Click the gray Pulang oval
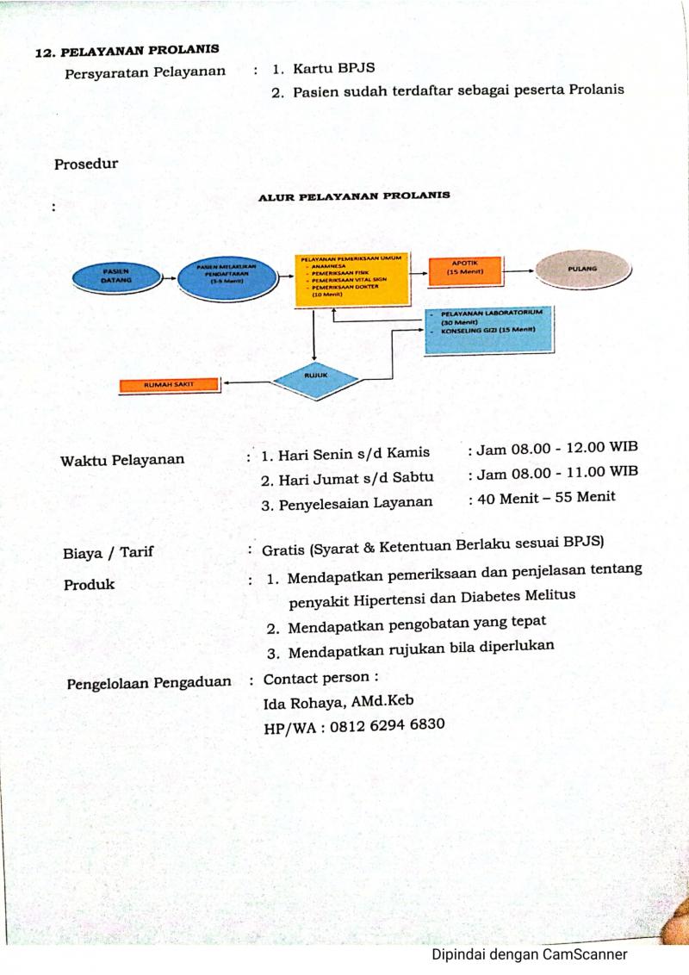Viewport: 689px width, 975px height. (x=582, y=270)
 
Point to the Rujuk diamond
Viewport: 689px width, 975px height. (x=313, y=376)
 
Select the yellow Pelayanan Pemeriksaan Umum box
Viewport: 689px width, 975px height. (x=352, y=279)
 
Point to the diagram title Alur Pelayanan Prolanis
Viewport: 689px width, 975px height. (x=354, y=196)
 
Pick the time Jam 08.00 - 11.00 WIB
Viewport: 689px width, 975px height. (x=552, y=473)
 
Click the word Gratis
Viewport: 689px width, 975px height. (x=284, y=548)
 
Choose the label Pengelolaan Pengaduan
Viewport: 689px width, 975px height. (x=149, y=682)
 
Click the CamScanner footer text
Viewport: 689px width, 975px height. (x=529, y=954)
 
